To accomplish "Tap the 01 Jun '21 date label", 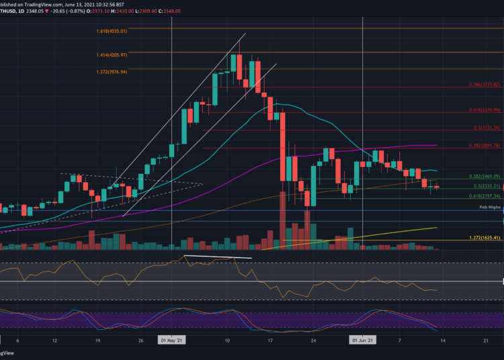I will coord(363,341).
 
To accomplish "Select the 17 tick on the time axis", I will coord(269,341).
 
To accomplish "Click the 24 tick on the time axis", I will coord(313,341).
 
